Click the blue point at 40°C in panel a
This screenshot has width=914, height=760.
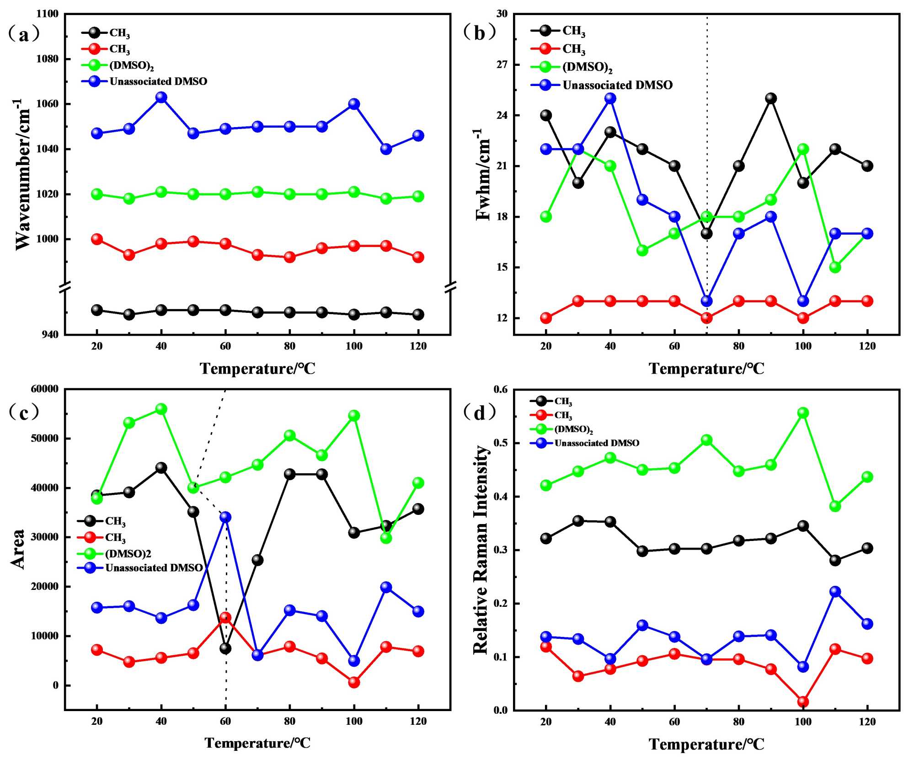[x=161, y=97]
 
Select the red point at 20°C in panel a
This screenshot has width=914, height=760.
[x=97, y=239]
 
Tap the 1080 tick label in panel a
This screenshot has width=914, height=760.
[x=48, y=59]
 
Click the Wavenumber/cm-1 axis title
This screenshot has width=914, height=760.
[x=23, y=174]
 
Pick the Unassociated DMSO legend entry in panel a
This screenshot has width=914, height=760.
[x=158, y=81]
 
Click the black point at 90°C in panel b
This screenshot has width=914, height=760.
[x=771, y=98]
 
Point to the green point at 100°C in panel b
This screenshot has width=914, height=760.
[x=803, y=149]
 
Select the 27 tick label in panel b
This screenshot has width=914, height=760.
[x=502, y=64]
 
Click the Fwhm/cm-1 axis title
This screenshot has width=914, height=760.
[x=483, y=174]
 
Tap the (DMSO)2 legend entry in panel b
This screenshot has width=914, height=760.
[x=587, y=67]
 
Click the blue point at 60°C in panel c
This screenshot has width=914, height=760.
[x=225, y=517]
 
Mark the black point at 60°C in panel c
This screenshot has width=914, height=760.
[x=225, y=648]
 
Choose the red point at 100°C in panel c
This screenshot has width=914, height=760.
[x=354, y=682]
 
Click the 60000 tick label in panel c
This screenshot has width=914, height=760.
[x=44, y=389]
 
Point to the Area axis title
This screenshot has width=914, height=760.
[x=18, y=549]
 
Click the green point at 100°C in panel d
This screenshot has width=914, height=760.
[x=803, y=413]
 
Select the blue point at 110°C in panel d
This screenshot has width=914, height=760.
[x=835, y=591]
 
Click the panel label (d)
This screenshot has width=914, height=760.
[x=480, y=412]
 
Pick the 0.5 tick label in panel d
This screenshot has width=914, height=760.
[x=501, y=443]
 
